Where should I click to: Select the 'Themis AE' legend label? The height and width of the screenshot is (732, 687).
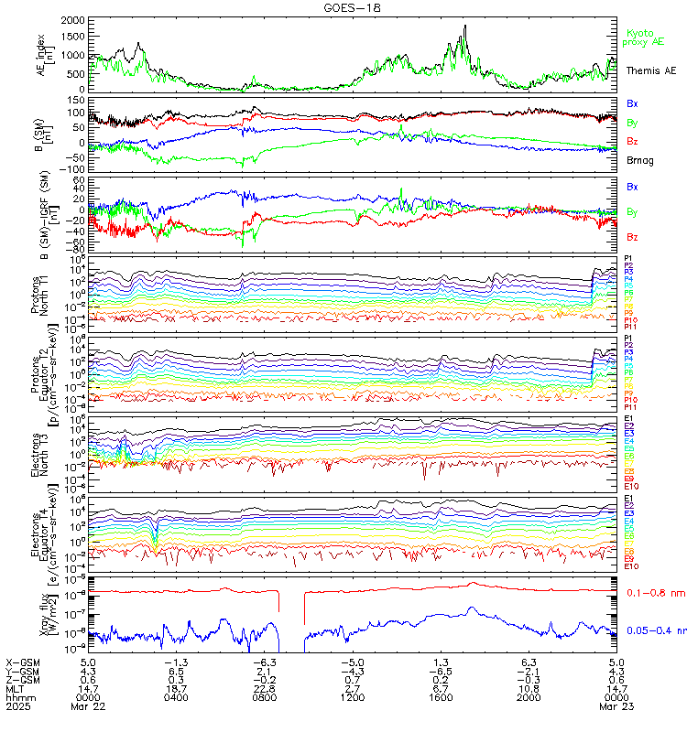[x=650, y=70]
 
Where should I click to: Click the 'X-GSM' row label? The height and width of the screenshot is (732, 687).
[x=22, y=662]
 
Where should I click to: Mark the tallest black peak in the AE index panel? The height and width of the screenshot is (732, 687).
[x=465, y=26]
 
